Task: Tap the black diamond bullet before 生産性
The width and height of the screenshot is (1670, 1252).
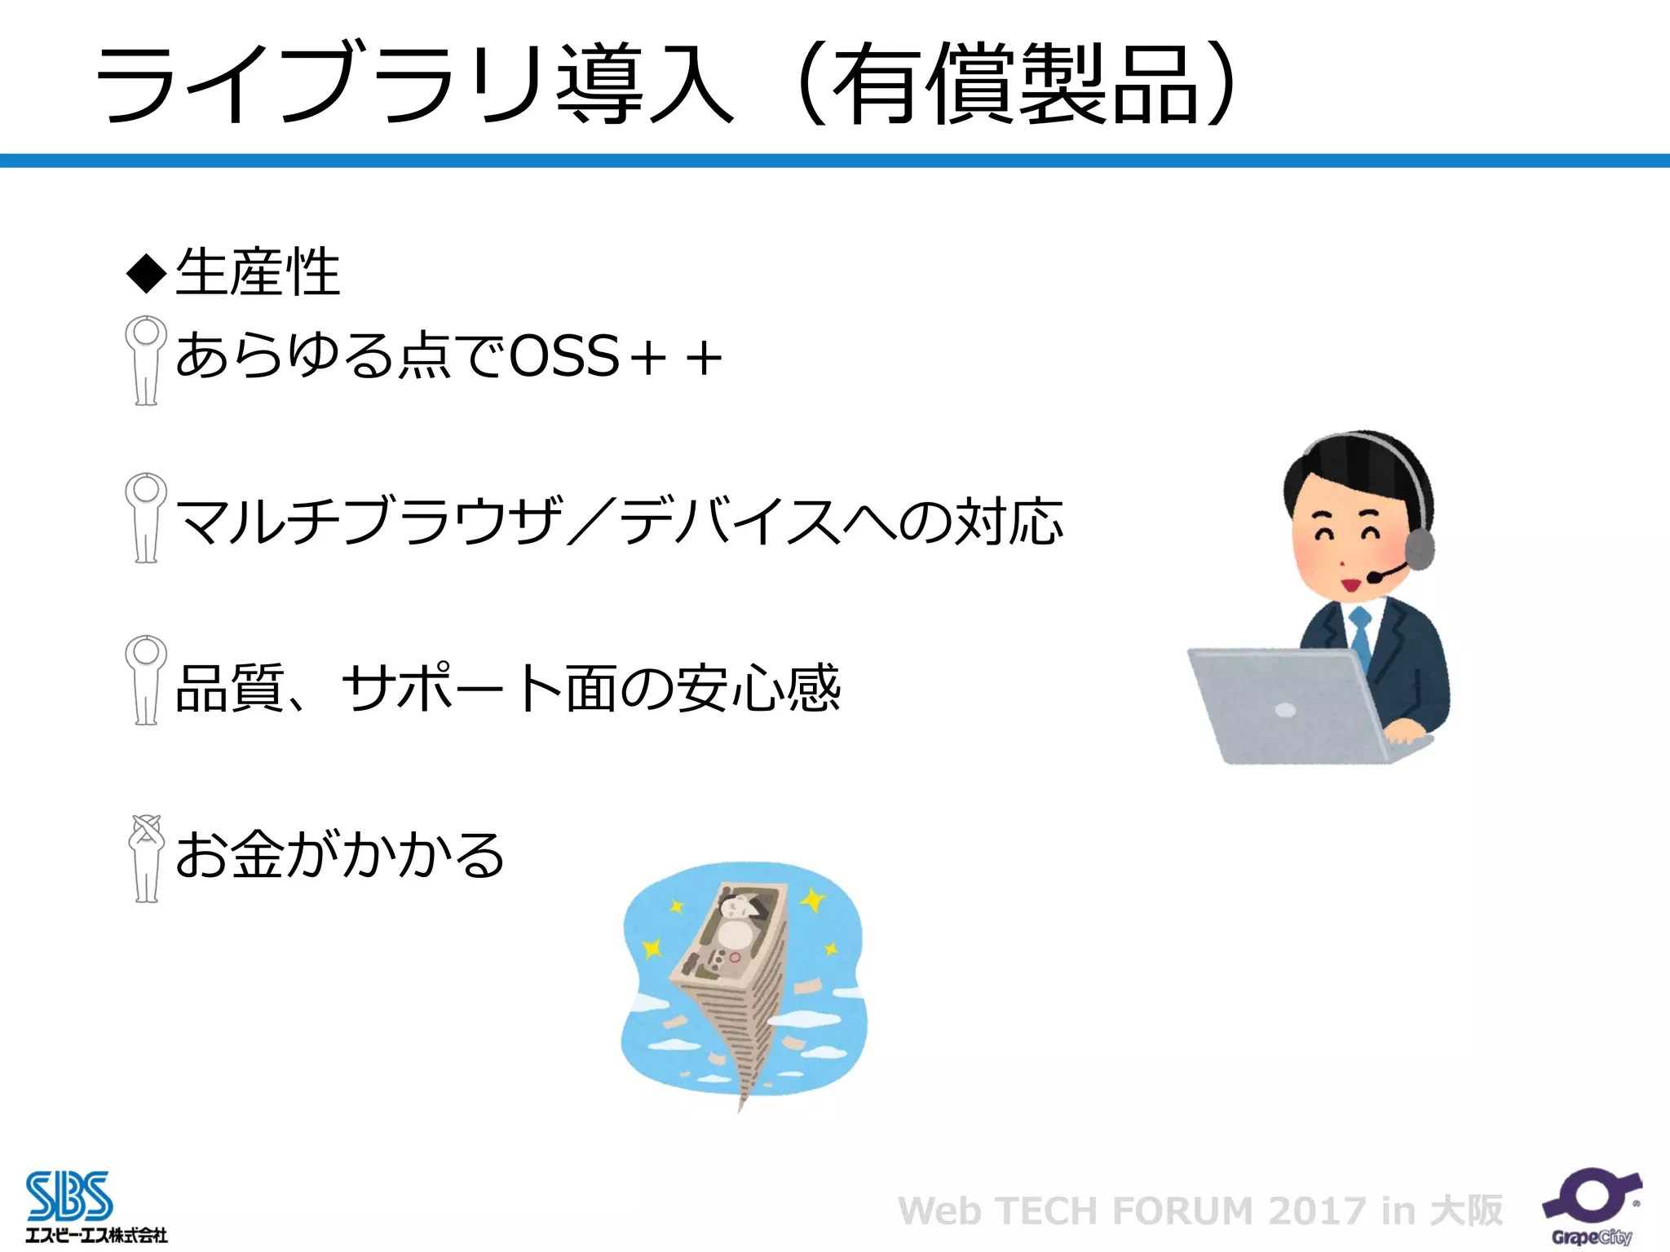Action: tap(147, 273)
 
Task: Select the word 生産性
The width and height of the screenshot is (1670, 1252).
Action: tap(258, 271)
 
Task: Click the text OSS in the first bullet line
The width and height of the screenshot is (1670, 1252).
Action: tap(564, 356)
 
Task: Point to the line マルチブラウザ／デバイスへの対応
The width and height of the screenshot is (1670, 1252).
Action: tap(620, 521)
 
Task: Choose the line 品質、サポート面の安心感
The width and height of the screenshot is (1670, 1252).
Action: tap(507, 688)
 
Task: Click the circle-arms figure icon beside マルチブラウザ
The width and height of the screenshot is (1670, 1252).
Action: tap(146, 518)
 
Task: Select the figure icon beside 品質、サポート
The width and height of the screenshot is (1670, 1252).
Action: tap(146, 680)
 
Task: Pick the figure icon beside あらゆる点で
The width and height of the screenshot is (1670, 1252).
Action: tap(146, 359)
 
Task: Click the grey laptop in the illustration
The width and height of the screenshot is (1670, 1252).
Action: tap(1288, 705)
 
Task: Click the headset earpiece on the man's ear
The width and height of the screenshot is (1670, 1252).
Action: tap(1419, 549)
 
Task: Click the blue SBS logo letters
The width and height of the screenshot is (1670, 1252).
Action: tap(69, 1196)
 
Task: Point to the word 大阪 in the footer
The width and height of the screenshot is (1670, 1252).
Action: tap(1467, 1211)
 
